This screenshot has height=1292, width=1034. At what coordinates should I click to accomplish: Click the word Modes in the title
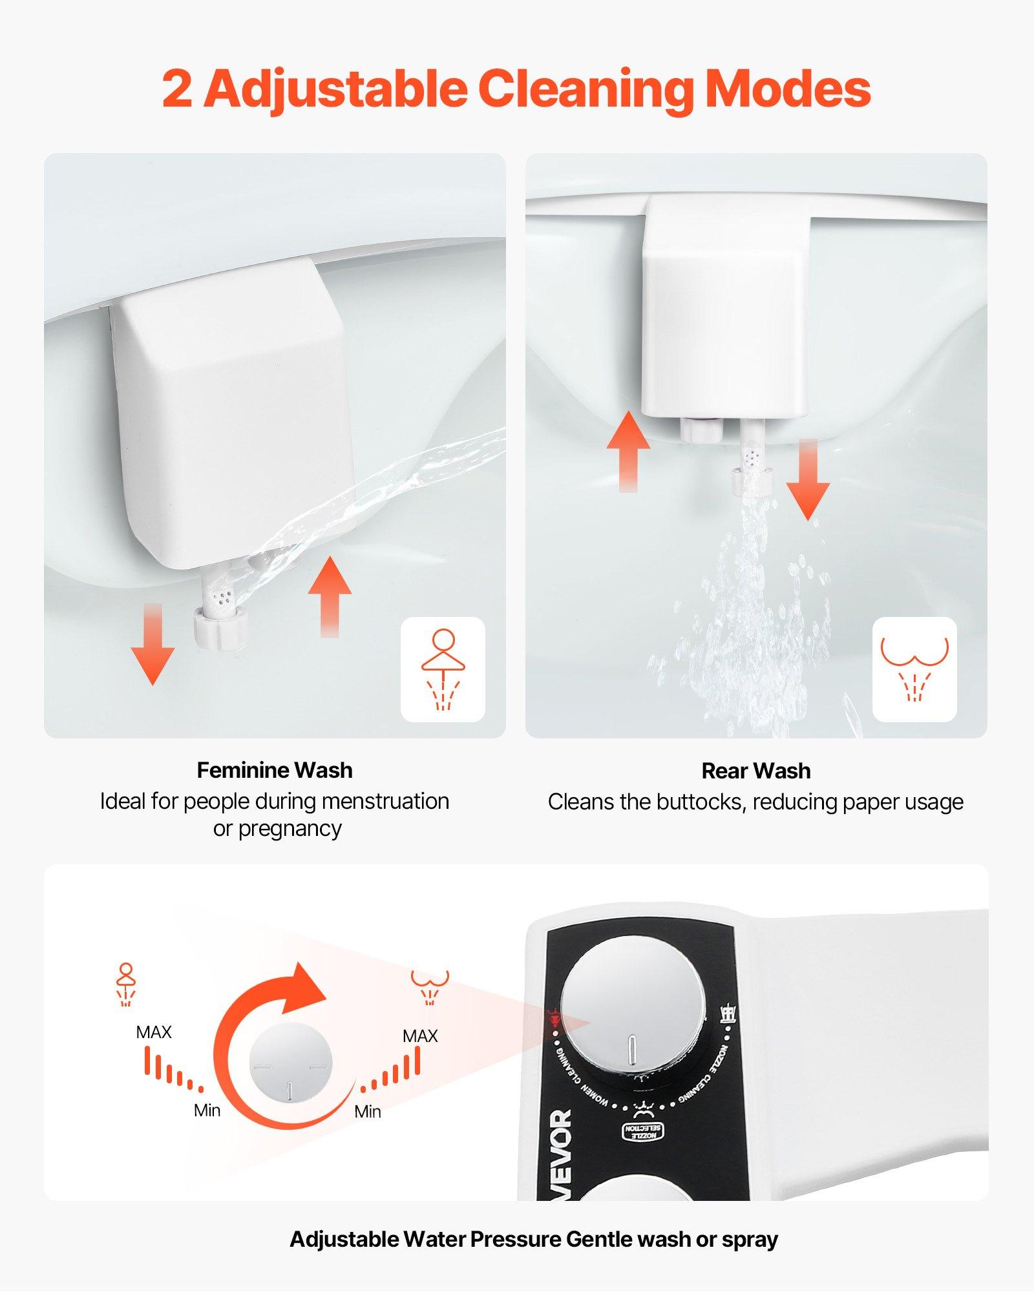[787, 89]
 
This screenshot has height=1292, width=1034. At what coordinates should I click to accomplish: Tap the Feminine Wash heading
[275, 770]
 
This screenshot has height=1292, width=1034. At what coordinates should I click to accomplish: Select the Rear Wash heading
[755, 771]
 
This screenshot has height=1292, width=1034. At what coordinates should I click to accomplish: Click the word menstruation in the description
[385, 801]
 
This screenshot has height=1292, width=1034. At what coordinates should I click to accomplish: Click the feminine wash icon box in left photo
[443, 669]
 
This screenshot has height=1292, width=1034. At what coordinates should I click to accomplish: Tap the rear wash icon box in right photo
[914, 669]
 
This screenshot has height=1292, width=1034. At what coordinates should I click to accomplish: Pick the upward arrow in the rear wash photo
[628, 452]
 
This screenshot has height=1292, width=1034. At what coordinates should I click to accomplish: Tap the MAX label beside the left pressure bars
[154, 1032]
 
